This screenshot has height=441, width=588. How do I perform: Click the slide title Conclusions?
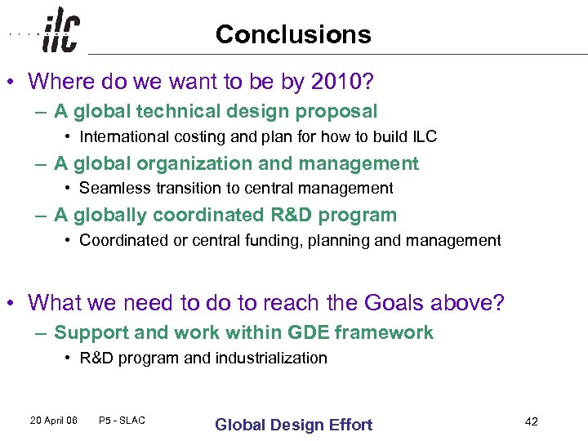point(293,34)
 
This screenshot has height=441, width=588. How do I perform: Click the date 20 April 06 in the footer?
point(52,421)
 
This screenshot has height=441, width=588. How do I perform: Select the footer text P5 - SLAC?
point(122,421)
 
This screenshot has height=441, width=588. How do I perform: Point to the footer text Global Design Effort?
point(293,425)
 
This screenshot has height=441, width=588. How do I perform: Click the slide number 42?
point(531,421)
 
